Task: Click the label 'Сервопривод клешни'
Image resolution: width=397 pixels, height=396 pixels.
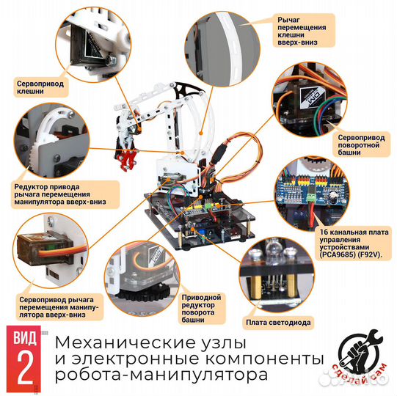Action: (x=40, y=87)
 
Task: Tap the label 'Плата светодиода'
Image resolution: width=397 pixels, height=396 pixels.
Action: (x=278, y=323)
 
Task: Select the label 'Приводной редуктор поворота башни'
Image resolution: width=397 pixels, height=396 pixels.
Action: (x=202, y=309)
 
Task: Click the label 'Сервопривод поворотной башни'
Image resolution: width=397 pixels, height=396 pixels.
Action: (x=361, y=145)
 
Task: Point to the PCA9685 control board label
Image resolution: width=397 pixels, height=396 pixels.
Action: (x=354, y=243)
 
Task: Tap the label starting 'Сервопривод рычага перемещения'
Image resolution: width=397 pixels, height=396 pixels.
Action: (x=59, y=307)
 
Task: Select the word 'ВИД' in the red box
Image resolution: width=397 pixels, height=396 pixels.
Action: (x=24, y=337)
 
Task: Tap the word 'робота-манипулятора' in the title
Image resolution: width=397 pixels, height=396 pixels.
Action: (x=161, y=375)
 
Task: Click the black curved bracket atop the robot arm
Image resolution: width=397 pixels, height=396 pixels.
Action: (x=187, y=89)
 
